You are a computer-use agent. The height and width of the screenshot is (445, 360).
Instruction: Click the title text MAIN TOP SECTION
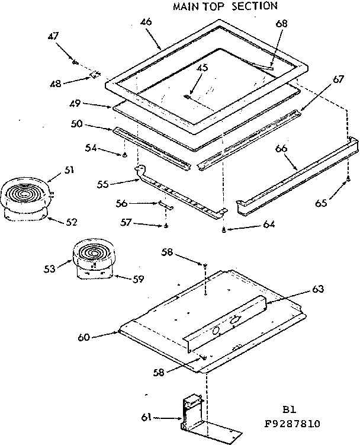click(x=224, y=7)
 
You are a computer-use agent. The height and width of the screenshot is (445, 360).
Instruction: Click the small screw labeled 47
click(x=75, y=61)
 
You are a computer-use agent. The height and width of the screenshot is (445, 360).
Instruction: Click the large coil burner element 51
click(x=25, y=194)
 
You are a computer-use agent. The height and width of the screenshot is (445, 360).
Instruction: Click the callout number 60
click(x=83, y=338)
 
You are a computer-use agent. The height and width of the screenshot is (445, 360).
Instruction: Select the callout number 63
click(x=318, y=290)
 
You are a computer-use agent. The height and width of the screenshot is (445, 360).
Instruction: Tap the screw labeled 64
click(x=223, y=230)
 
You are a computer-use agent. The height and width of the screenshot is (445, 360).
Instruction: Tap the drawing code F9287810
click(x=293, y=424)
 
